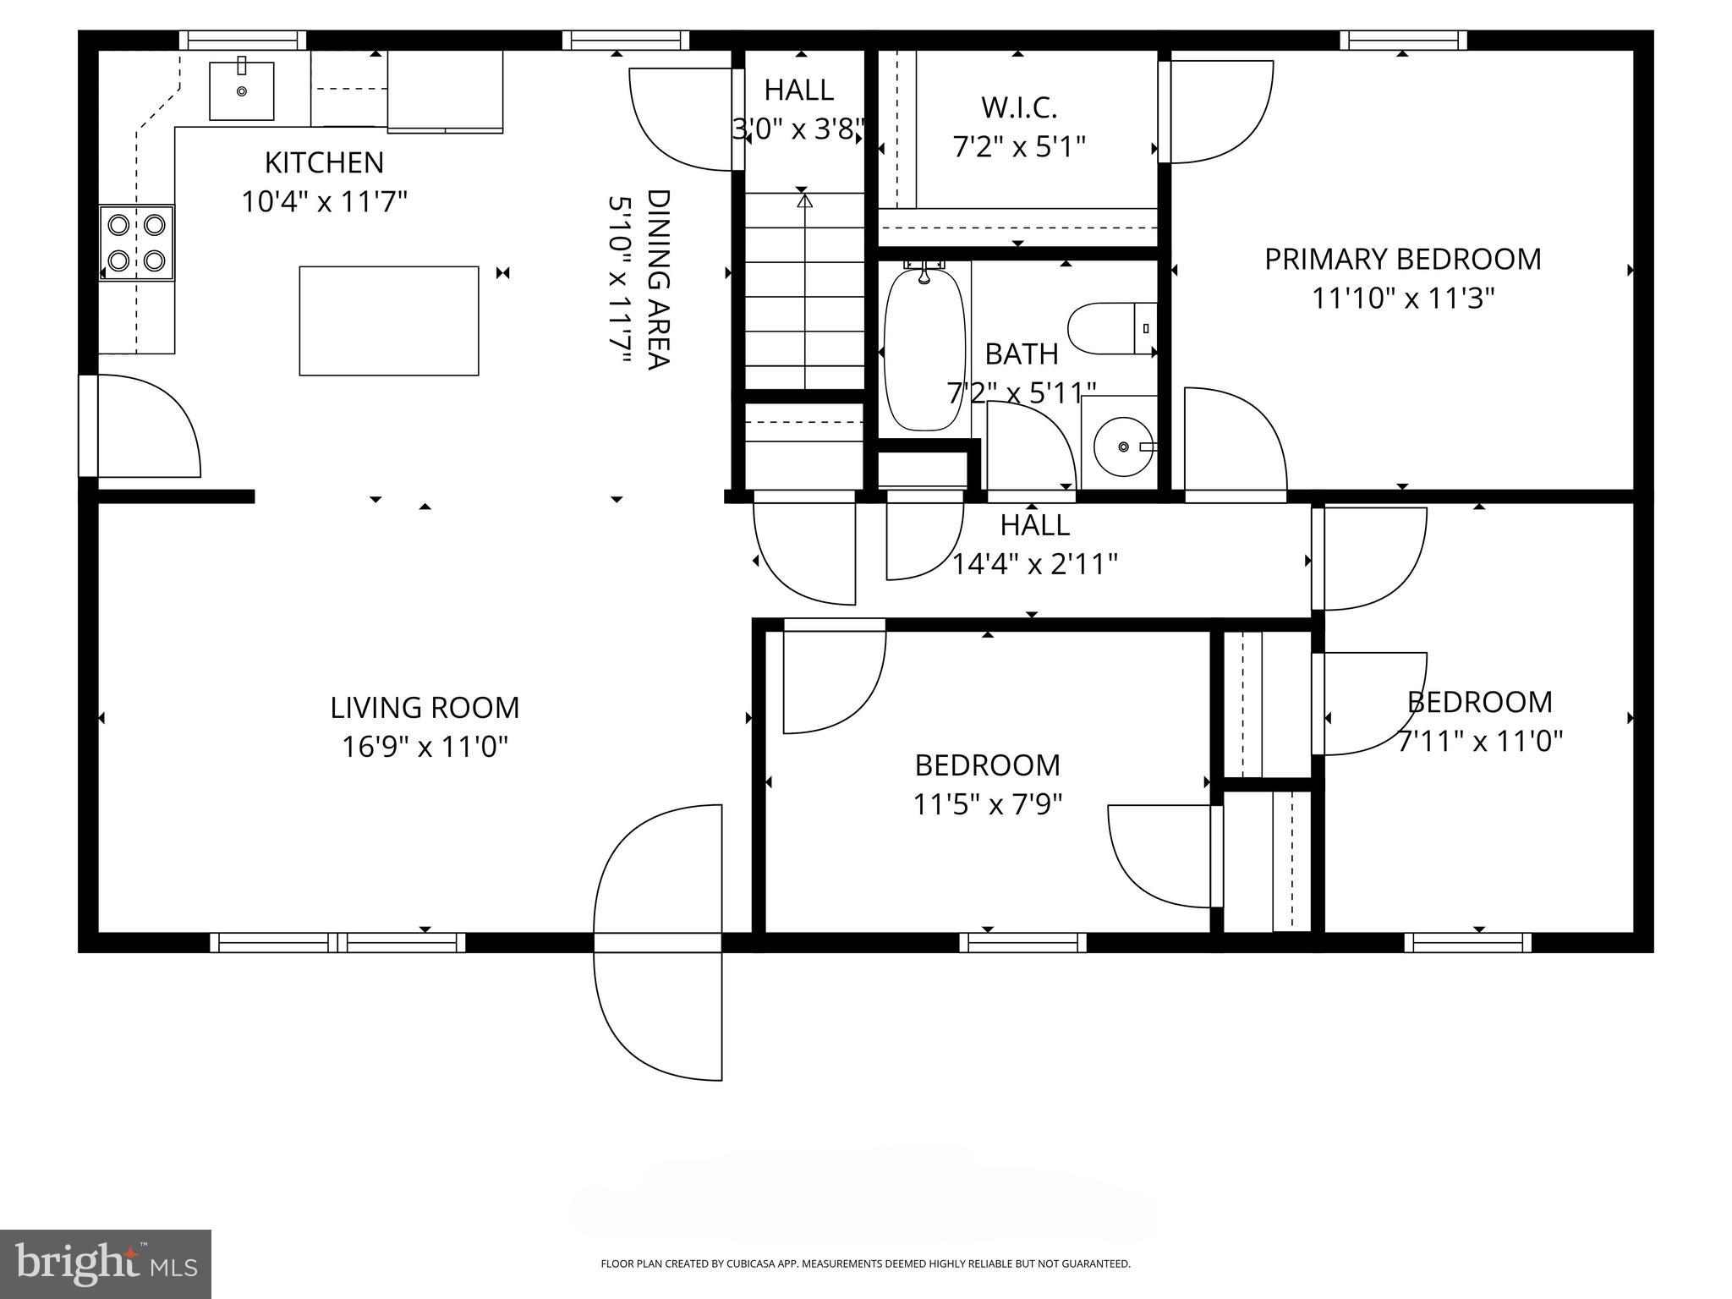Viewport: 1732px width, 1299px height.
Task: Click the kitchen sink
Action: (x=242, y=90)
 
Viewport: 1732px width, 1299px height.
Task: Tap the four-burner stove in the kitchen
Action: (x=137, y=243)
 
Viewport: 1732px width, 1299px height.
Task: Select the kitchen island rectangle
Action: (x=389, y=321)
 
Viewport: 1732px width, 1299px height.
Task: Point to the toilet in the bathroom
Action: (x=1110, y=328)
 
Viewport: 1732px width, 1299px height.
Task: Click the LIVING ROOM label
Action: (x=425, y=708)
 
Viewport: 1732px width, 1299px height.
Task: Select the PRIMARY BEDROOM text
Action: (x=1402, y=259)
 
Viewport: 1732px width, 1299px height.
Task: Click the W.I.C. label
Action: (x=1018, y=107)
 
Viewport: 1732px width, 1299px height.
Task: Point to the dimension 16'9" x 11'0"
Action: (x=425, y=747)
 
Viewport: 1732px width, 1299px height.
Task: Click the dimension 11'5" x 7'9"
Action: (x=987, y=804)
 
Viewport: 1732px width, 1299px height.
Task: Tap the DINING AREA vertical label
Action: (x=658, y=279)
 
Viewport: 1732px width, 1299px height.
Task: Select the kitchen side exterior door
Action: (x=89, y=426)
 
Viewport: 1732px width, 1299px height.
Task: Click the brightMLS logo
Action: (x=106, y=1263)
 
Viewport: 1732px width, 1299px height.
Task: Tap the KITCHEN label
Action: (x=324, y=162)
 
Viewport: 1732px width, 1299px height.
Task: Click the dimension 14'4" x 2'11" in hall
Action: (x=1034, y=564)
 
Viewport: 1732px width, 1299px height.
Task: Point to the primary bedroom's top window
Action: (x=1402, y=40)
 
